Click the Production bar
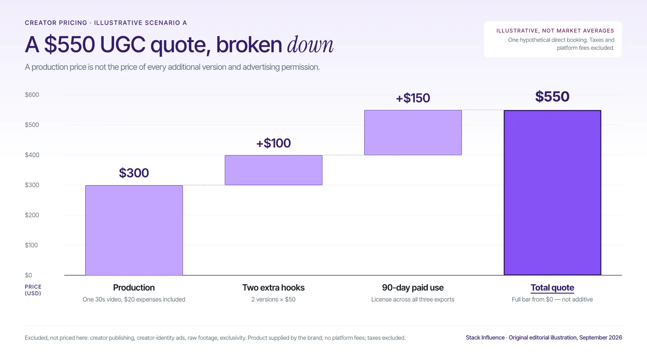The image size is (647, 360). click(x=134, y=230)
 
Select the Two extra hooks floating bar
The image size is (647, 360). click(x=274, y=170)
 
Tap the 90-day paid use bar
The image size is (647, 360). click(x=413, y=132)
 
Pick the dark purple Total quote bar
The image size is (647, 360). click(x=553, y=192)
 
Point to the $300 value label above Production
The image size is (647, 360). click(x=134, y=173)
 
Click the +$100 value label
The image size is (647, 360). click(x=274, y=143)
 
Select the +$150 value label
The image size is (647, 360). click(x=413, y=98)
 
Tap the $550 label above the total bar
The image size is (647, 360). click(x=552, y=96)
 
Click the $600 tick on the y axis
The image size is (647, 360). click(x=32, y=95)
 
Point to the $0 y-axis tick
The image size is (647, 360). click(x=28, y=275)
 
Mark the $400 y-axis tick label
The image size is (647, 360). click(x=32, y=155)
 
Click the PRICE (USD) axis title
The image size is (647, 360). click(x=33, y=290)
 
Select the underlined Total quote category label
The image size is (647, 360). click(x=552, y=288)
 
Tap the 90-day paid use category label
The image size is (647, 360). click(x=413, y=288)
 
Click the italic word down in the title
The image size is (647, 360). click(x=310, y=45)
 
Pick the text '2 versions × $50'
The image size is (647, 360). click(x=273, y=299)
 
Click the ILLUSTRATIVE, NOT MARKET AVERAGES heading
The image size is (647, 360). click(x=555, y=31)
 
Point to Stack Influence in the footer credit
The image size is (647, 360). click(x=485, y=338)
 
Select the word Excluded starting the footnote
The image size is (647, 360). click(x=36, y=338)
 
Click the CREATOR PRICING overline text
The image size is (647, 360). click(x=56, y=23)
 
